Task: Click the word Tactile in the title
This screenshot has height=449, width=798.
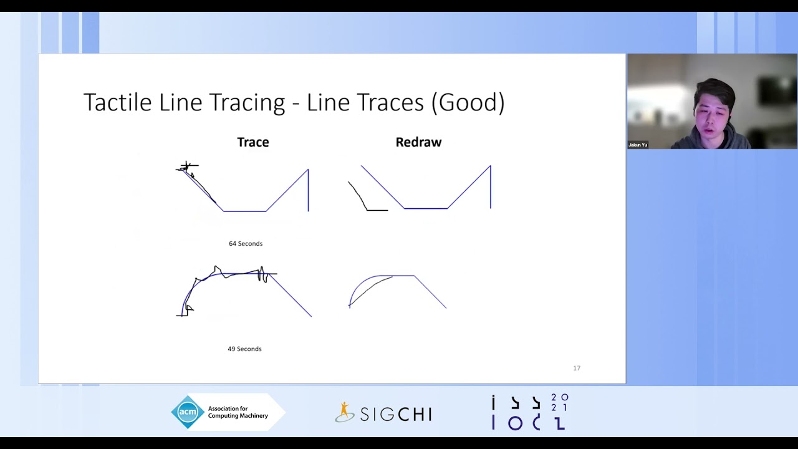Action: click(x=117, y=102)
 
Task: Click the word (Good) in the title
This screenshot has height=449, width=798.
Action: click(x=468, y=102)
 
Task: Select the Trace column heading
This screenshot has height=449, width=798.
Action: click(x=252, y=142)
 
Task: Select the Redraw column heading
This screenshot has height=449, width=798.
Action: click(x=418, y=142)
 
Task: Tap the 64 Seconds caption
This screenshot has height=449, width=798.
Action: click(x=246, y=244)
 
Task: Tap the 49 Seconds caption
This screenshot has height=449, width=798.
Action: click(x=244, y=349)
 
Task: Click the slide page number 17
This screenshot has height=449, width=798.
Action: click(x=577, y=369)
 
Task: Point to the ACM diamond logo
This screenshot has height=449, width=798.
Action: click(x=188, y=412)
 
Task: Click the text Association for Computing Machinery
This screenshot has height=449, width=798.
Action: click(x=238, y=412)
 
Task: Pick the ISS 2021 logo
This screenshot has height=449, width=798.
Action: click(x=530, y=412)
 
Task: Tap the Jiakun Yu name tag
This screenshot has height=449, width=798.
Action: click(x=638, y=145)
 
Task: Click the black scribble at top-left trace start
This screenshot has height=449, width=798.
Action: click(x=186, y=167)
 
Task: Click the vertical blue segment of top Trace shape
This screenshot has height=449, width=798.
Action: click(x=308, y=190)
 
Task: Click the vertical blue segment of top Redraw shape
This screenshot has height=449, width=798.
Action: click(x=491, y=187)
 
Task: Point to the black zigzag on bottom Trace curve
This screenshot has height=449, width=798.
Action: click(x=262, y=274)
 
